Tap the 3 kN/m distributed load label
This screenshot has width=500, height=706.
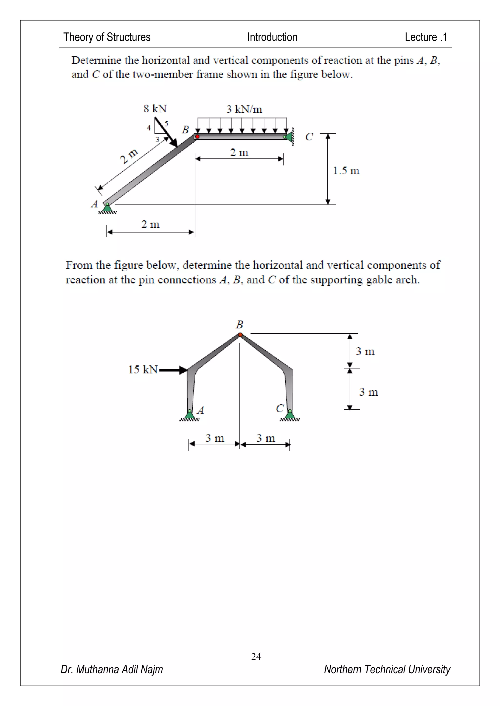tap(244, 109)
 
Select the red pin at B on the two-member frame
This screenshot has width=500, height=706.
tap(197, 137)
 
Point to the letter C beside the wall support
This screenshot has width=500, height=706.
tap(309, 137)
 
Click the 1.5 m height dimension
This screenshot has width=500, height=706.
tap(346, 171)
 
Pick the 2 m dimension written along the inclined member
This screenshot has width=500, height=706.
tap(129, 156)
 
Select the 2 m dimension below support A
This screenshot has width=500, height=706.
tap(150, 224)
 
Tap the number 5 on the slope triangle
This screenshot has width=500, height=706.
tap(166, 124)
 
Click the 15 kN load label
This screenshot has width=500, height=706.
tap(143, 369)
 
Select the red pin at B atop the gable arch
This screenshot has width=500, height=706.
tap(240, 334)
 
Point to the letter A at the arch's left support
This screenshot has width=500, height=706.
tap(200, 410)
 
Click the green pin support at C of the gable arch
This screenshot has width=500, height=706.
tap(290, 415)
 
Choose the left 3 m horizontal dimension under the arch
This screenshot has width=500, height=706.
tap(215, 438)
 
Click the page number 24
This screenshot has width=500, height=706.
tap(256, 657)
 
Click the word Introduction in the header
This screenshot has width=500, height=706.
tap(272, 37)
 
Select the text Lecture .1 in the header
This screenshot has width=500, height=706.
tap(426, 37)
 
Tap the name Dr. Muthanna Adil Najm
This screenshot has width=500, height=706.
tap(112, 669)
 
